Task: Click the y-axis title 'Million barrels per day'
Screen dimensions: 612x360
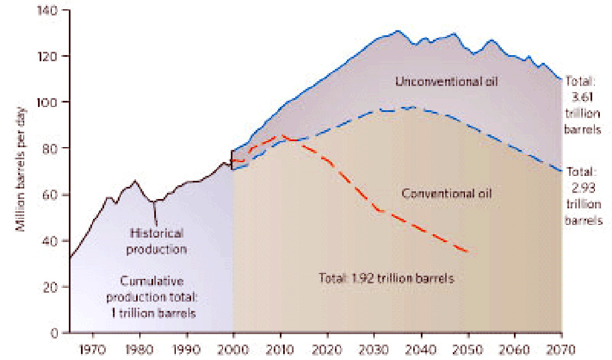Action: (21, 169)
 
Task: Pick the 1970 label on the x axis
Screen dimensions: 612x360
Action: (93, 349)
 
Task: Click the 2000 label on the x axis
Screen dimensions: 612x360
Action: (234, 349)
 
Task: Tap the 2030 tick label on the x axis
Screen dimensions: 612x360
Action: (374, 349)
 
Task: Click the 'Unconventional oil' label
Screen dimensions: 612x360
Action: (447, 82)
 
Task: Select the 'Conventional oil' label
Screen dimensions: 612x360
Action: (447, 194)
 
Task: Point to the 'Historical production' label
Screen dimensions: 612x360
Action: (156, 241)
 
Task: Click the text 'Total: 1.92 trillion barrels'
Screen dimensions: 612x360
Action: (386, 278)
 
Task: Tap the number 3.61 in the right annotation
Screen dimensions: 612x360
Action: (582, 97)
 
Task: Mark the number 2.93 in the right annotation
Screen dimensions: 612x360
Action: (583, 188)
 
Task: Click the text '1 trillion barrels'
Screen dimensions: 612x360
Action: (153, 313)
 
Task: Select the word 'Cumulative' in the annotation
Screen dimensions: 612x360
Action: (152, 281)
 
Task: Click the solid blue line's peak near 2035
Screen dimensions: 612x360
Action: (397, 31)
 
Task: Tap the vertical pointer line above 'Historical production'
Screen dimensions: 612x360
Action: (155, 213)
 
